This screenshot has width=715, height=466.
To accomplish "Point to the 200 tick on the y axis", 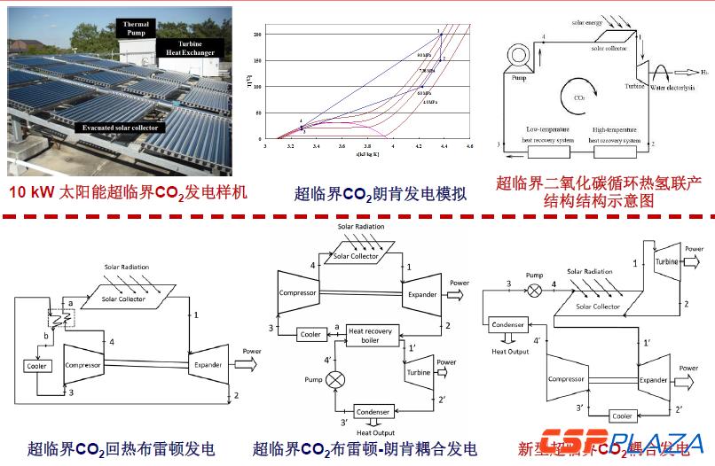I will (258, 34).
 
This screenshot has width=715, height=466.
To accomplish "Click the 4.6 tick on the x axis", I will (470, 145).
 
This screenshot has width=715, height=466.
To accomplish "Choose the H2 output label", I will (704, 71).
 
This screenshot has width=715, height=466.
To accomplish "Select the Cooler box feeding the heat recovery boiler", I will (310, 334).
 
